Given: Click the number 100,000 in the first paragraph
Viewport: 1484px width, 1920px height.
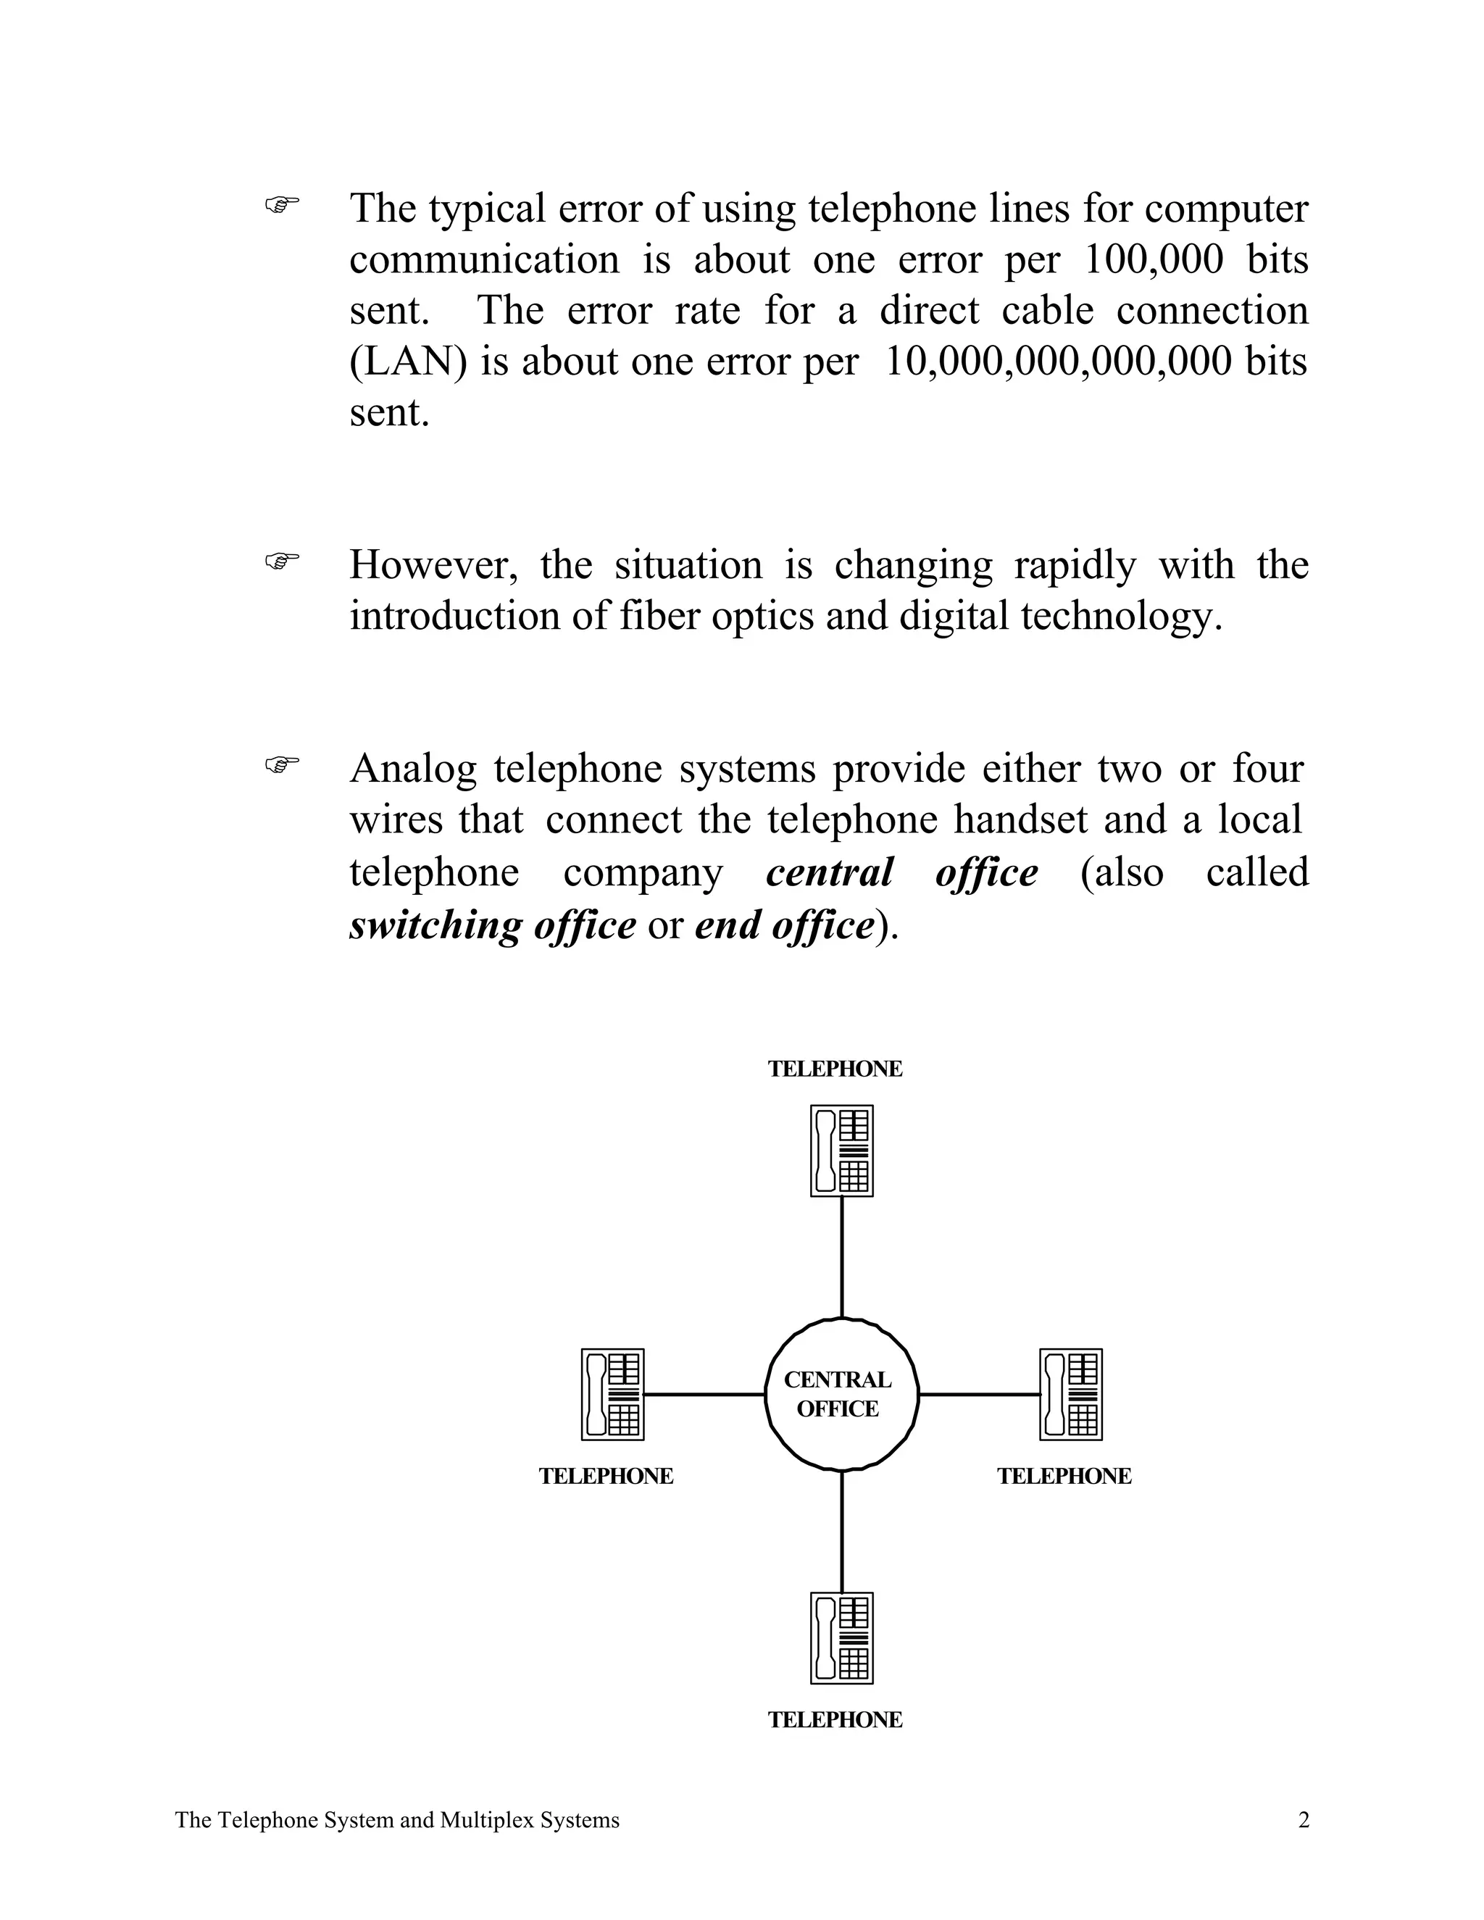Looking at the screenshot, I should pos(1153,260).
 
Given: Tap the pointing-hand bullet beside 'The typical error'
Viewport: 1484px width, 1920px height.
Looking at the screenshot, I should pos(281,205).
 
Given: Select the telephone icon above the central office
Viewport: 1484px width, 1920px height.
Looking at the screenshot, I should pos(841,1151).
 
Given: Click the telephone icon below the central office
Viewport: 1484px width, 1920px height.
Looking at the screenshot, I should pos(841,1638).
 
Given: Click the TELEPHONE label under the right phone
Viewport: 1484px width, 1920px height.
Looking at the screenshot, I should pos(1064,1476).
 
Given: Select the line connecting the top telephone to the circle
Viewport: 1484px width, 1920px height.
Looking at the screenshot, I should pos(842,1257).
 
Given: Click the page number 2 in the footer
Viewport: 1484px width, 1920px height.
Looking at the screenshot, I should pos(1303,1820).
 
